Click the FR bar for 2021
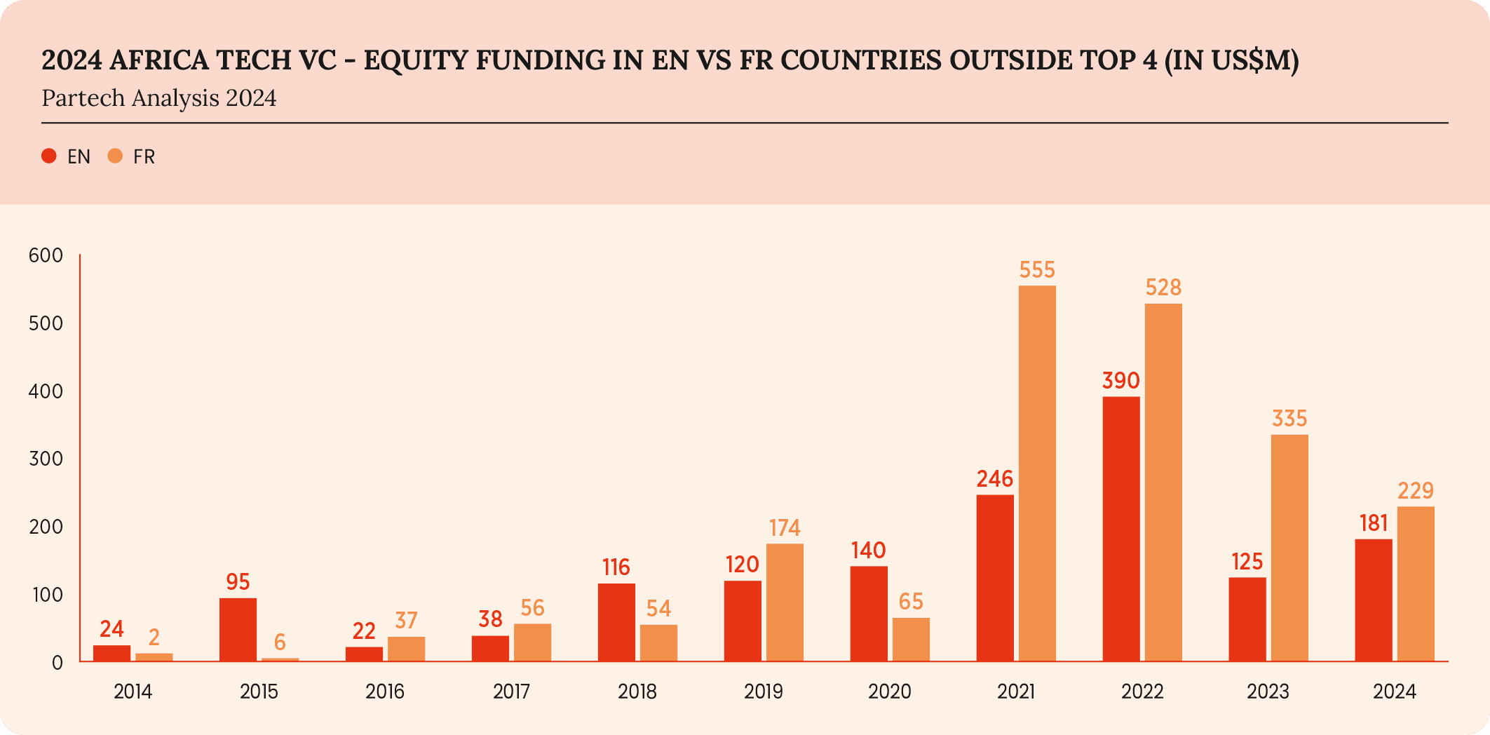coord(1037,473)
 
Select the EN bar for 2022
coord(1121,529)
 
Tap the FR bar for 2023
coord(1289,548)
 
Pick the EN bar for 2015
coord(238,629)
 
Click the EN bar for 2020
coord(869,614)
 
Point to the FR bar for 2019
coord(785,602)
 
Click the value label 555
coord(1037,270)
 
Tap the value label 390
coord(1121,381)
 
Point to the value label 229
coord(1416,491)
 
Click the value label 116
coord(616,567)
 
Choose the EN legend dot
coord(49,156)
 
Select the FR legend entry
coord(133,156)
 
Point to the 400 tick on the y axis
coord(46,391)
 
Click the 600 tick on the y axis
coord(46,255)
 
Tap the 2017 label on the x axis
coord(511,692)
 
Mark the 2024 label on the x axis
coord(1395,692)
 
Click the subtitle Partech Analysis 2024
coord(159,98)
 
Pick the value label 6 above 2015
coord(280,642)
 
